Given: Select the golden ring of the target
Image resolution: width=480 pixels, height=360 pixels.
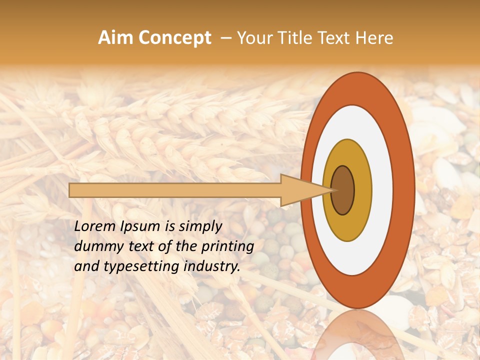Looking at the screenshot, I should (362, 190).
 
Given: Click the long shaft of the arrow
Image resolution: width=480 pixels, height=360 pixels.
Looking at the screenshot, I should (175, 190).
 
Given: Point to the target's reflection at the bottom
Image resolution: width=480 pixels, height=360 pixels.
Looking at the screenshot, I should (356, 335).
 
